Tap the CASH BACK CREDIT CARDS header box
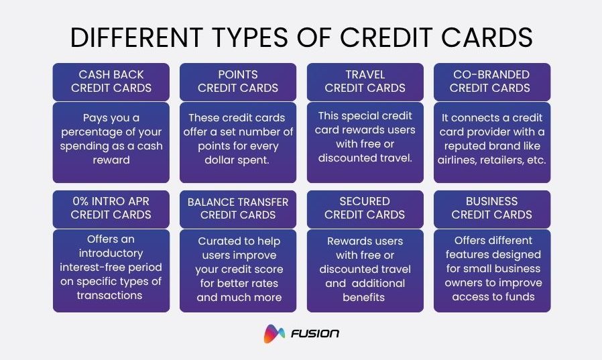111,81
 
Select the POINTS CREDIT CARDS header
238,81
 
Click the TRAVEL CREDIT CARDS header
365,81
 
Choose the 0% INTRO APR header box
111,208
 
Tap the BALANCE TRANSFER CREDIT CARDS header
238,208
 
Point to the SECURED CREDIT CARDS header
365,208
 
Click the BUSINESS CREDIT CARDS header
491,208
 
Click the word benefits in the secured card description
365,297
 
